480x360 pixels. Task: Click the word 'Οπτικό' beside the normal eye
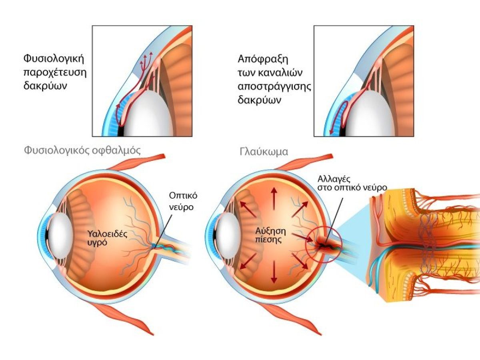183,196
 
